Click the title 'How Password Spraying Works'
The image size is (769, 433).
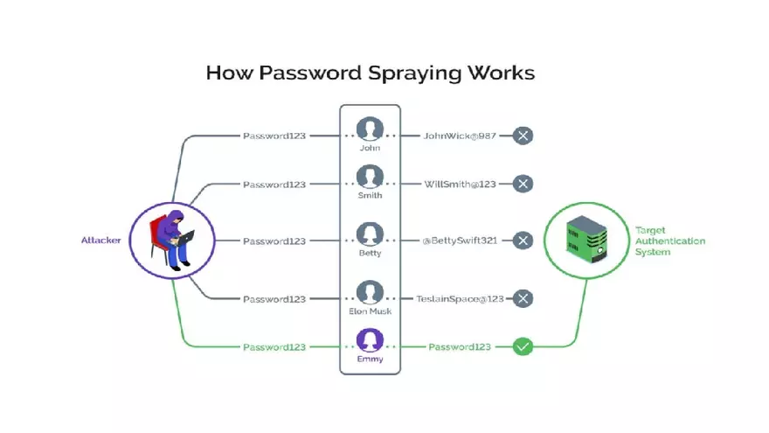click(x=370, y=73)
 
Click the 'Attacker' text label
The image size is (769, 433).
click(x=102, y=240)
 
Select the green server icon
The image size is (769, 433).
click(x=586, y=239)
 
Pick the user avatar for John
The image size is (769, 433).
click(x=370, y=129)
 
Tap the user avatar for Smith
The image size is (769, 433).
click(x=370, y=178)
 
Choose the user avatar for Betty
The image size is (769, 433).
click(x=370, y=234)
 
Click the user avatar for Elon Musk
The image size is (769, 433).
click(x=370, y=292)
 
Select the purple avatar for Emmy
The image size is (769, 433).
click(x=370, y=340)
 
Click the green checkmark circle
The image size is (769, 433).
click(x=523, y=347)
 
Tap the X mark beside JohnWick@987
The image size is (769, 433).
click(x=523, y=136)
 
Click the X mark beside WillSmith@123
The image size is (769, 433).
click(x=523, y=184)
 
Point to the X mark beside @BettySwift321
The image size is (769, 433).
click(x=523, y=241)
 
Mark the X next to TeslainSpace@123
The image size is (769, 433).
click(x=523, y=298)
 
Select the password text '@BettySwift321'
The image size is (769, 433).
click(x=459, y=241)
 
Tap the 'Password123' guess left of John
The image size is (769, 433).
click(x=274, y=136)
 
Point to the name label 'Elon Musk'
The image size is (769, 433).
click(x=370, y=311)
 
